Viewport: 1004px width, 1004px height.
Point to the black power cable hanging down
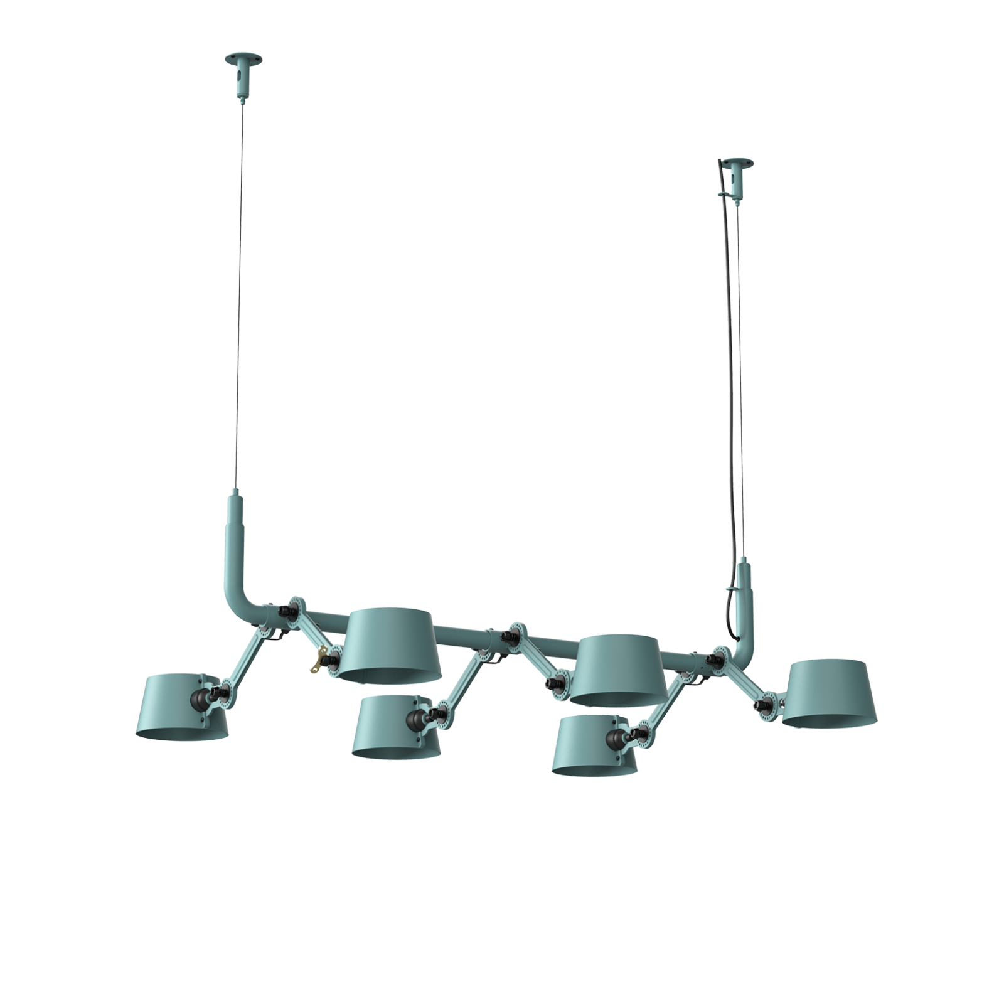click(x=727, y=376)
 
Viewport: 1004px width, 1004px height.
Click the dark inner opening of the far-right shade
click(x=830, y=718)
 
